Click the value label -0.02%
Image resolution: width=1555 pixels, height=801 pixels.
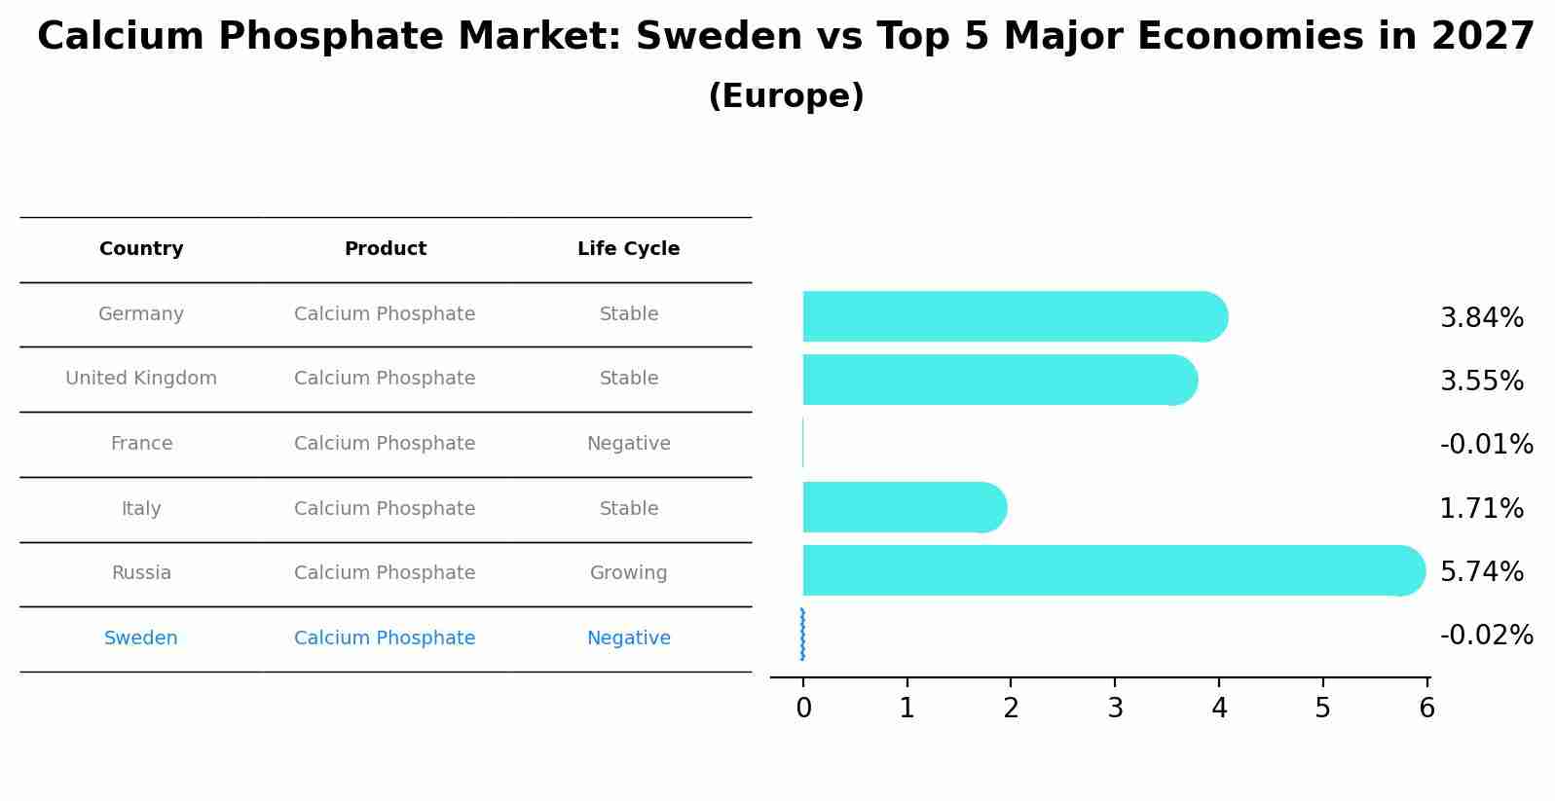(1486, 636)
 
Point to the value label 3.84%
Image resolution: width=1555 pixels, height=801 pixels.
(1481, 318)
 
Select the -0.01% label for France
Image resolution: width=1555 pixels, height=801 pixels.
(1486, 445)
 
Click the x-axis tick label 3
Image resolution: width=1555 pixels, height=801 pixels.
(1115, 709)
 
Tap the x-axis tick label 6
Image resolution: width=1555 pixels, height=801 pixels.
(1426, 709)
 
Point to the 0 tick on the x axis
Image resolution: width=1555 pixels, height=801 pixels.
(803, 709)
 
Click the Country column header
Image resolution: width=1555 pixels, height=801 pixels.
(141, 249)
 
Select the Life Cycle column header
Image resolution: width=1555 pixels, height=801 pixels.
(628, 249)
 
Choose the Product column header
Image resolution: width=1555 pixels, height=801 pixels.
(385, 249)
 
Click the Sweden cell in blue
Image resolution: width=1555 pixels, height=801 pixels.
(141, 638)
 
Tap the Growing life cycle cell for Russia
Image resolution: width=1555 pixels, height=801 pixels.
(628, 573)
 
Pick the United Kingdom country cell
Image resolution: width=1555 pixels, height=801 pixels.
(141, 379)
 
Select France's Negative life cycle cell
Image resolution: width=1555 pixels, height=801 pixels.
(628, 444)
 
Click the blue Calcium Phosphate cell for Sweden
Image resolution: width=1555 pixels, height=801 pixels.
(385, 638)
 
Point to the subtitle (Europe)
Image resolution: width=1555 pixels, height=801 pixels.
(786, 96)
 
